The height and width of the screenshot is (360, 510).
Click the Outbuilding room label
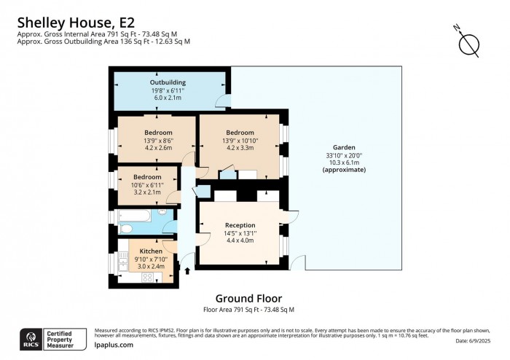168,82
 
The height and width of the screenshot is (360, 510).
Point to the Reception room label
240,224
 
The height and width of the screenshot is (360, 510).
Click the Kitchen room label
151,251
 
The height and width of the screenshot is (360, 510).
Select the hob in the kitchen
146,277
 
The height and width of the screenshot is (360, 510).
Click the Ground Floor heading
248,298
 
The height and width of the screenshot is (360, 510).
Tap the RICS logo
31,339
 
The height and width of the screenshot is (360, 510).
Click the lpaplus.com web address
114,345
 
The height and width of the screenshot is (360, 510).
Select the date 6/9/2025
477,341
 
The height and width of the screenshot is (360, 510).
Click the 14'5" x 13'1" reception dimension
240,233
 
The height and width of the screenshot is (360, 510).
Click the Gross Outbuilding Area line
103,42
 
